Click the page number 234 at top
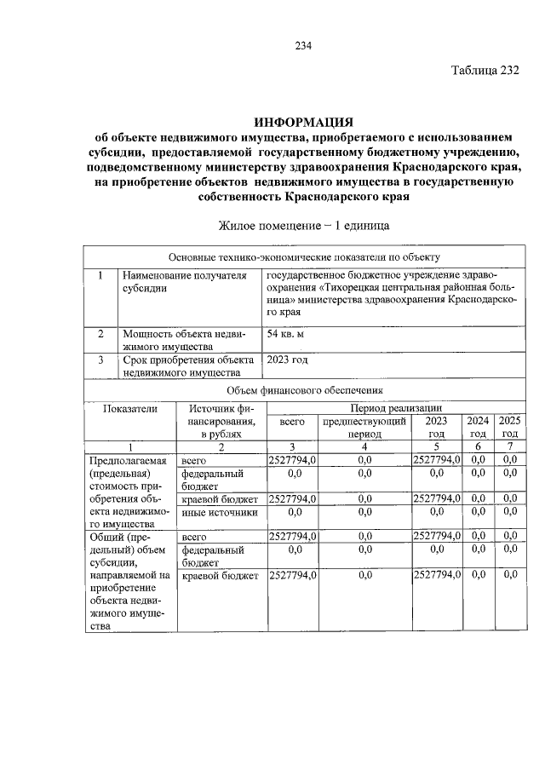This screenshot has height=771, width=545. coord(304,46)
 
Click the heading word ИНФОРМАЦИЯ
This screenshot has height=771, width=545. coord(303,122)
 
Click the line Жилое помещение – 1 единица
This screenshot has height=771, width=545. coord(303,227)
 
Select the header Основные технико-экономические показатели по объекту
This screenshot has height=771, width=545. coord(303,257)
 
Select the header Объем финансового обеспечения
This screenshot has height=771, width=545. coord(303,389)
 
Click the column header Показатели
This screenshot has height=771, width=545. coord(130,408)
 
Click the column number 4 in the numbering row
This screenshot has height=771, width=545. coord(364,447)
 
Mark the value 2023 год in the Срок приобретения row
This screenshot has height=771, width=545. coord(287,360)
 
